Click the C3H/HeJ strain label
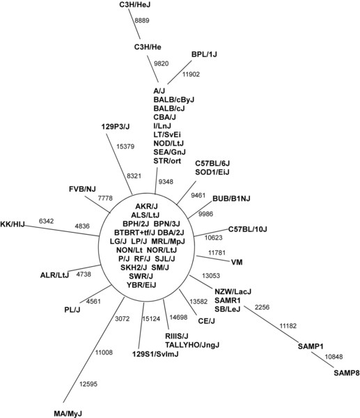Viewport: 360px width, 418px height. pos(135,5)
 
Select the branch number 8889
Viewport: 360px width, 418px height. pos(142,20)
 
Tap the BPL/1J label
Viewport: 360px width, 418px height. pos(204,54)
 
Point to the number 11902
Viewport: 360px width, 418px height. pos(191,75)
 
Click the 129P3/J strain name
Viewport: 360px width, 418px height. pos(116,126)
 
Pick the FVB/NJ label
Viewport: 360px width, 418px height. pos(82,189)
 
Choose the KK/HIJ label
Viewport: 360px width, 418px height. pos(13,224)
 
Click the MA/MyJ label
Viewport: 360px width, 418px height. pos(68,414)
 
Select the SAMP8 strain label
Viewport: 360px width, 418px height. pos(346,373)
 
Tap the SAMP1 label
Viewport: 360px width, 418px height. pos(311,346)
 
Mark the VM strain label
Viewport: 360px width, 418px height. pos(237,263)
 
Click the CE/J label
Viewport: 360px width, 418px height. pos(206,321)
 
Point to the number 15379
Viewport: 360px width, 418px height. pos(125,146)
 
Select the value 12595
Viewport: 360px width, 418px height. pos(88,384)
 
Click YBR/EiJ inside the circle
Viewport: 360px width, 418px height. pos(141,285)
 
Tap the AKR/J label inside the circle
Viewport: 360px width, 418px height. pos(146,206)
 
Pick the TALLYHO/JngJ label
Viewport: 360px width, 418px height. pos(192,345)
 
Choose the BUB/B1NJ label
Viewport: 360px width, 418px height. pos(231,199)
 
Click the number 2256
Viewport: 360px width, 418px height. pos(262,307)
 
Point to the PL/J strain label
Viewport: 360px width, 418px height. pos(72,310)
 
